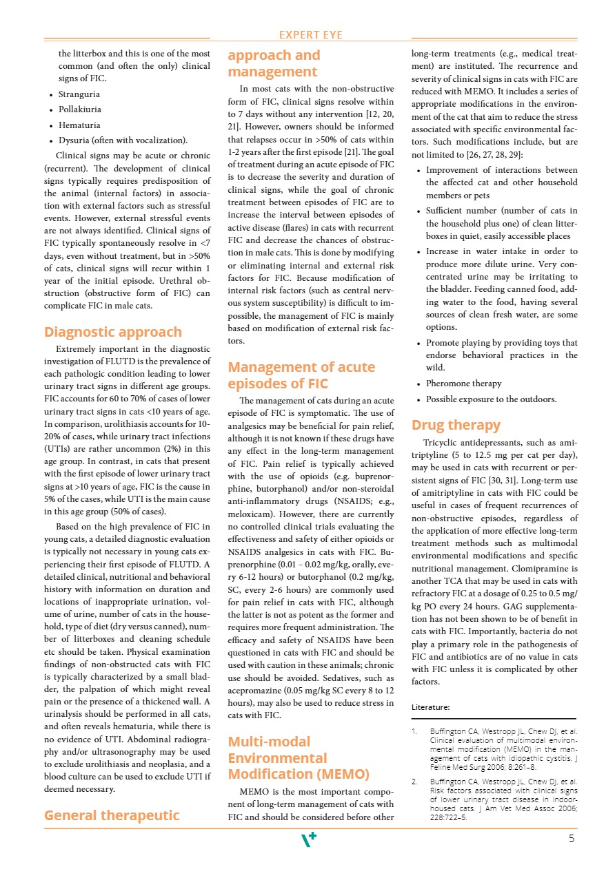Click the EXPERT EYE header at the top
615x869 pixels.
(311, 35)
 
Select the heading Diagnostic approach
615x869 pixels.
(113, 332)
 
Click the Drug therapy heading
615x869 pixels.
(456, 425)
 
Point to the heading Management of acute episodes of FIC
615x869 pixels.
(301, 375)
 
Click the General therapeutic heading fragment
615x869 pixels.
(112, 815)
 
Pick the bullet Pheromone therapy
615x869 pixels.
(463, 383)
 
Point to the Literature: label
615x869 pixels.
(430, 707)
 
